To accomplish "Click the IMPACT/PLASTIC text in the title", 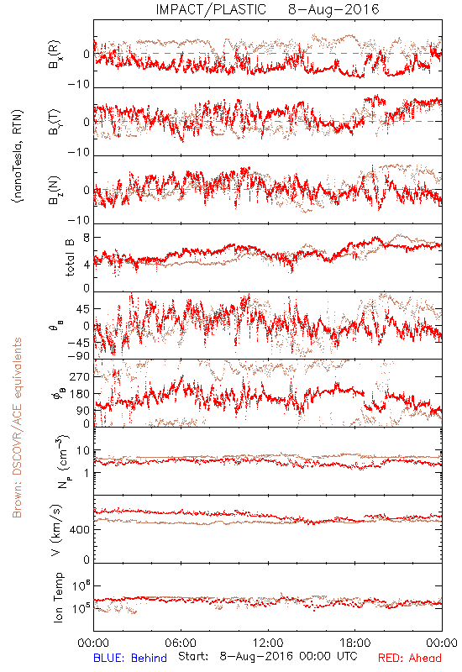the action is (211, 9).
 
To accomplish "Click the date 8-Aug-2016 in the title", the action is (333, 9).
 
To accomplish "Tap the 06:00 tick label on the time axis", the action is (181, 643).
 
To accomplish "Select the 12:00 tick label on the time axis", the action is (268, 643).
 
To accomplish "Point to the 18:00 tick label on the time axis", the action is (355, 643).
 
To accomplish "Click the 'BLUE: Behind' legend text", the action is (130, 658).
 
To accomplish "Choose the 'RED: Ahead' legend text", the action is (409, 658).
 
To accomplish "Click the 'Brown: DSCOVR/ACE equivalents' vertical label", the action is (17, 428).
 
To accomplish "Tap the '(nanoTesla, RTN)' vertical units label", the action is (18, 156).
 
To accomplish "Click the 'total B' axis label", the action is (70, 258).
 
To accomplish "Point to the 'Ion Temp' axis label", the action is (58, 597).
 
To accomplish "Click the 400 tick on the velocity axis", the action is (81, 530).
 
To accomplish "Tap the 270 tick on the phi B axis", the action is (81, 377).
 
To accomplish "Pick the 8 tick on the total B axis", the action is (87, 238).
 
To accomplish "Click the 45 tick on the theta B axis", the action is (83, 309).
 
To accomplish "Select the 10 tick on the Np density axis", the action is (83, 451).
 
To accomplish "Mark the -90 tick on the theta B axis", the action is (79, 355).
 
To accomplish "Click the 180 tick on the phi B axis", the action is (81, 394).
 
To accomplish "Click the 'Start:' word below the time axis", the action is (193, 657).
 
